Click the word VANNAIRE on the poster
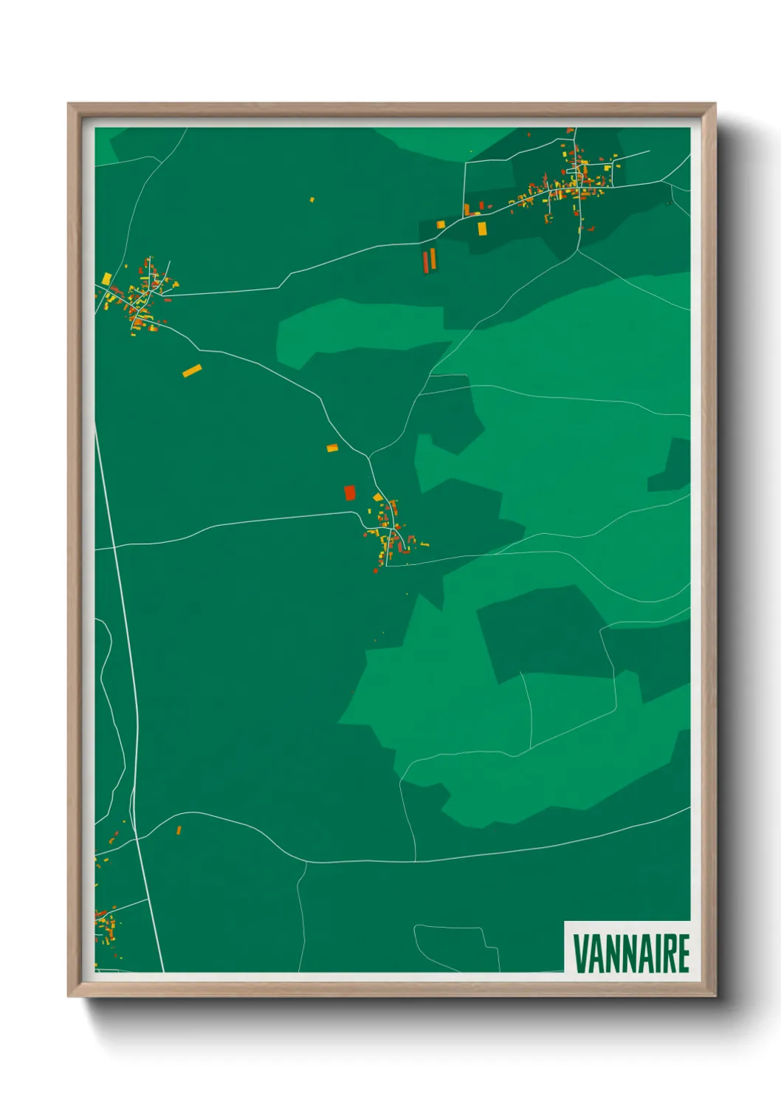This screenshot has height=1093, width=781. point(631,953)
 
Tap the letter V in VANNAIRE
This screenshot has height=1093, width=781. point(579,953)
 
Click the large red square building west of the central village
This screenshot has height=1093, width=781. point(350,493)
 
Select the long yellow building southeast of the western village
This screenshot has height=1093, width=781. point(192,371)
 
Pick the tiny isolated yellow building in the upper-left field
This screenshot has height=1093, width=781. point(312,199)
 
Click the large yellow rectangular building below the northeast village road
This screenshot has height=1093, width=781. point(482,228)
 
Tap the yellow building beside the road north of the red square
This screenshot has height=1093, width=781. point(332,448)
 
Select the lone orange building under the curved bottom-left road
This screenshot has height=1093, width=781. point(179,831)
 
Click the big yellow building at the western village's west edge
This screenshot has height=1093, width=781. point(107,278)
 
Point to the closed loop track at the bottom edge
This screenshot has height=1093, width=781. point(450,945)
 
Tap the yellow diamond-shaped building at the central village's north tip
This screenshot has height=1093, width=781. point(378,497)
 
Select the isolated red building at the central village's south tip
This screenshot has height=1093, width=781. point(376,570)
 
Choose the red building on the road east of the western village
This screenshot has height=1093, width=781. point(168,300)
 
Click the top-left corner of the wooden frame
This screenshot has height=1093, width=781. point(69,104)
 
